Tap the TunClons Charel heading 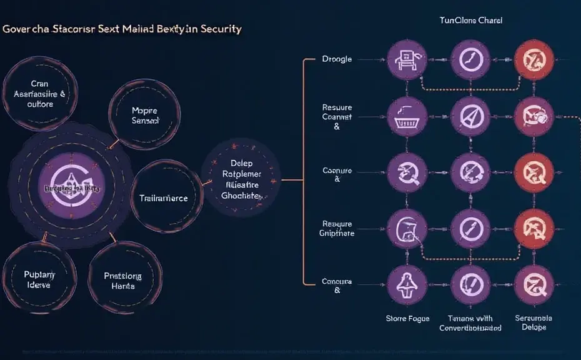pyautogui.click(x=470, y=21)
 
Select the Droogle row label pyautogui.click(x=337, y=59)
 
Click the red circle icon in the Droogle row pyautogui.click(x=534, y=61)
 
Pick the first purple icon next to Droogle pyautogui.click(x=406, y=61)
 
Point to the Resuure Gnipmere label pyautogui.click(x=337, y=228)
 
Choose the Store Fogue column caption pyautogui.click(x=407, y=319)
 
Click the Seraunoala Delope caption pyautogui.click(x=534, y=323)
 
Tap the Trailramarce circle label pyautogui.click(x=163, y=198)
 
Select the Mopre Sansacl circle pyautogui.click(x=146, y=115)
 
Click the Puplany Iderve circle pyautogui.click(x=39, y=279)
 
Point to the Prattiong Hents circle pyautogui.click(x=123, y=281)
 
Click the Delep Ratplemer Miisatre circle pyautogui.click(x=241, y=178)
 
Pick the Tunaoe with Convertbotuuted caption pyautogui.click(x=470, y=323)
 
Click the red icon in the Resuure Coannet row pyautogui.click(x=534, y=116)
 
